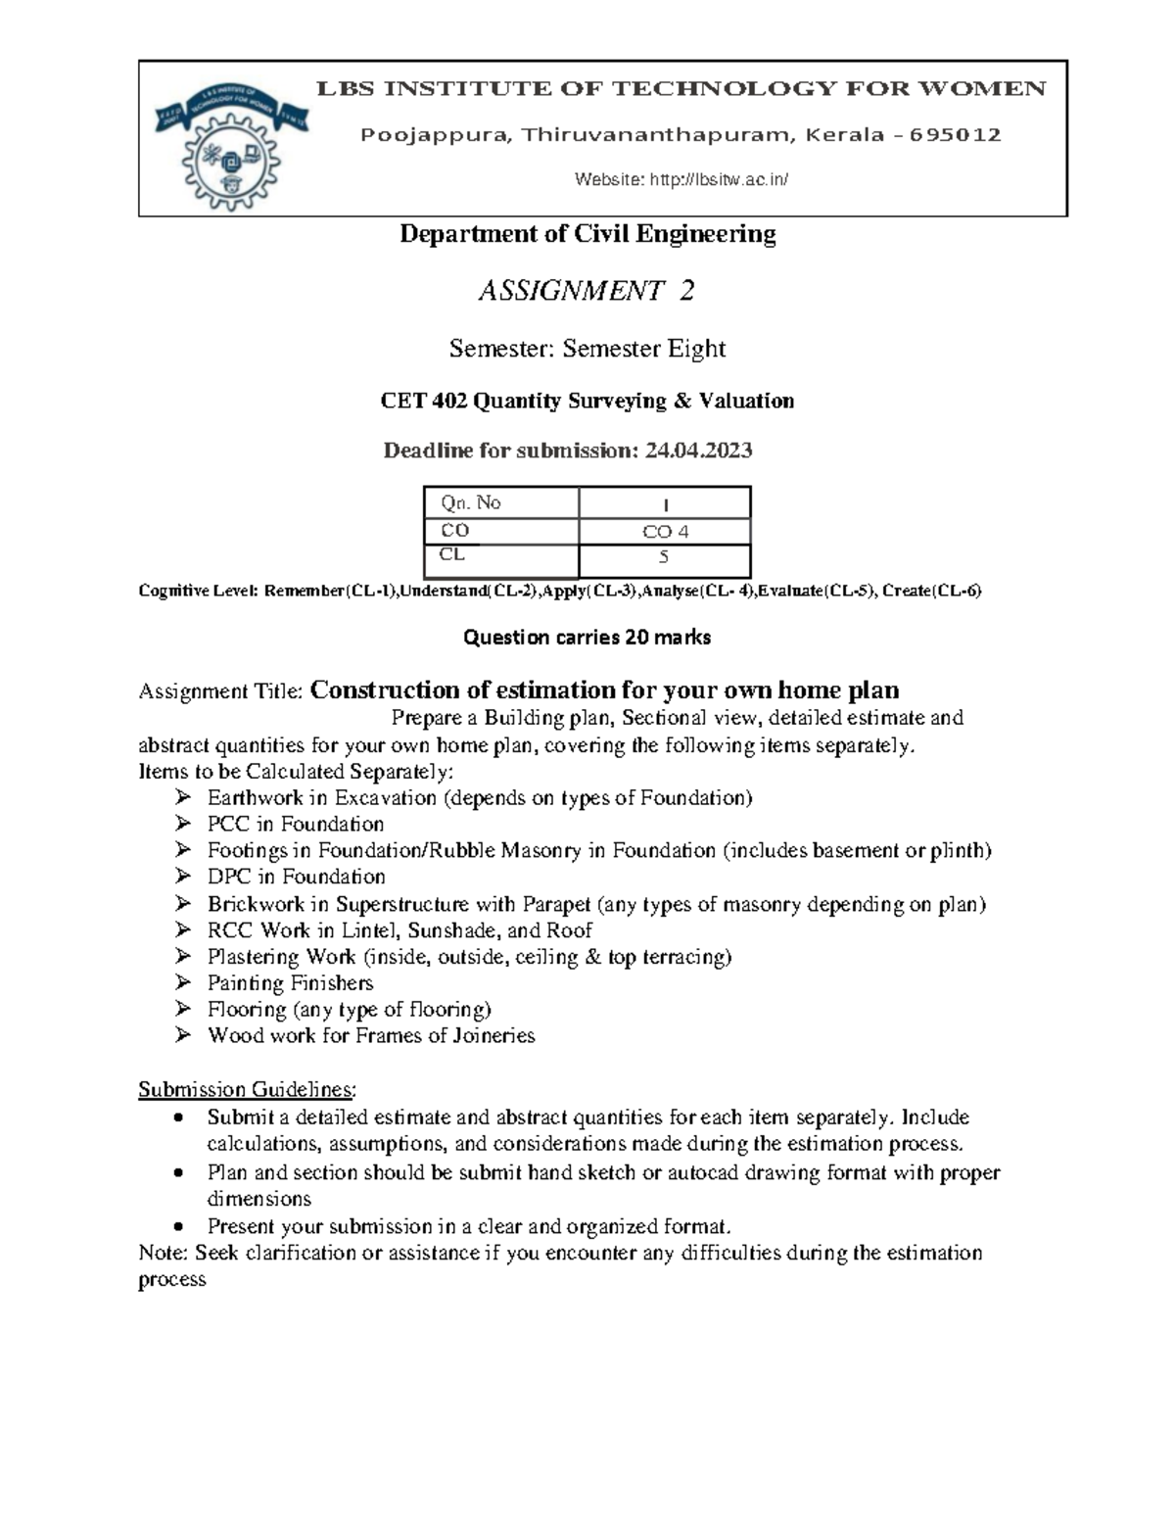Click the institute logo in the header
pyautogui.click(x=232, y=137)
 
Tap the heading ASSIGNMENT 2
pyautogui.click(x=587, y=291)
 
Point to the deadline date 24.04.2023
pyautogui.click(x=698, y=451)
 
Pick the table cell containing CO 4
pyautogui.click(x=665, y=532)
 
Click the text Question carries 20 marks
pyautogui.click(x=587, y=638)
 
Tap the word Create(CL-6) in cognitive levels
pyautogui.click(x=931, y=591)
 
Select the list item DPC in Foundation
pyautogui.click(x=296, y=877)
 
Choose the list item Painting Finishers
pyautogui.click(x=290, y=982)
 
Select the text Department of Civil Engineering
pyautogui.click(x=587, y=234)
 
